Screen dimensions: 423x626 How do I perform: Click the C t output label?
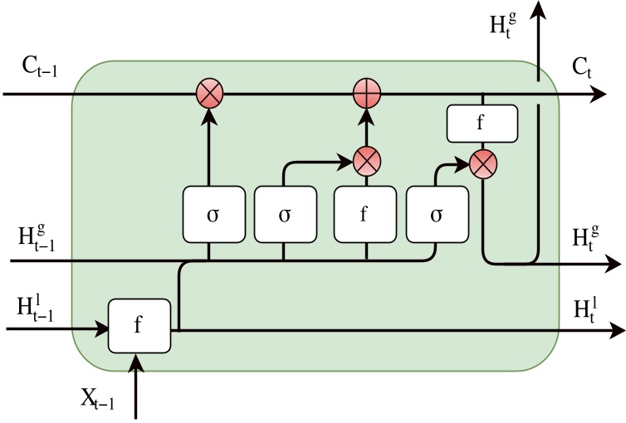[x=582, y=69]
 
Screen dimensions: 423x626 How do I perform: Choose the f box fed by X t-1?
[x=139, y=324]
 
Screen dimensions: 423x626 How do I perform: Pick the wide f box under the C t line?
[x=482, y=123]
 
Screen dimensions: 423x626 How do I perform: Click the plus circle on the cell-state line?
[x=364, y=94]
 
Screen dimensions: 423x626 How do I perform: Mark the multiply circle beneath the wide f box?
[x=482, y=163]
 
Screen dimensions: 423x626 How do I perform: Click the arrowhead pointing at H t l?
[x=617, y=330]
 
